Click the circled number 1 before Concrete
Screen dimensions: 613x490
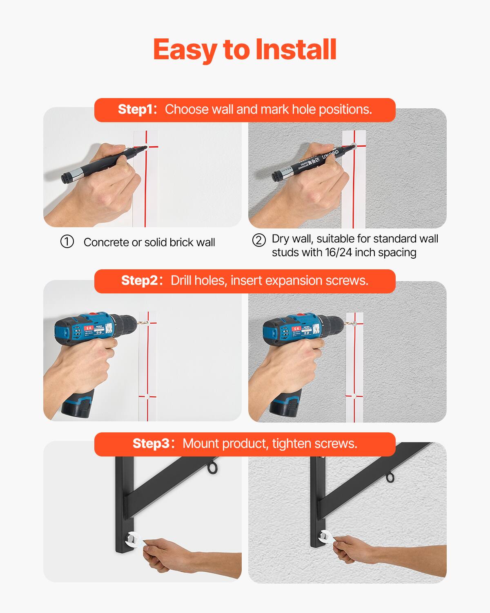[67, 242]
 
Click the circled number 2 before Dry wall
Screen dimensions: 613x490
[259, 240]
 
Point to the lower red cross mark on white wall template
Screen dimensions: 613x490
[147, 396]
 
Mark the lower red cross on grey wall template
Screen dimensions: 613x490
[354, 396]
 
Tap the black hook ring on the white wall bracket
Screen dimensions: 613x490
[213, 468]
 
